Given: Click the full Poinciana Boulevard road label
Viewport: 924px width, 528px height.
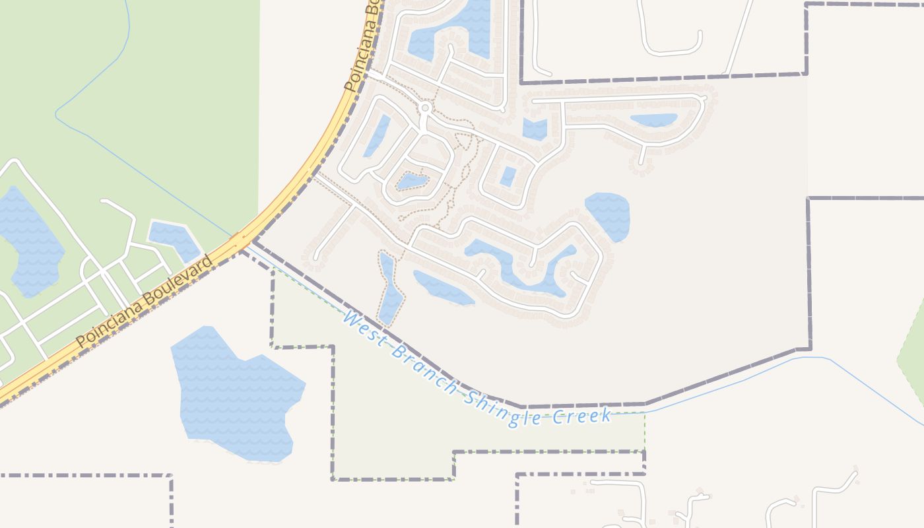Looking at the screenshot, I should tap(145, 302).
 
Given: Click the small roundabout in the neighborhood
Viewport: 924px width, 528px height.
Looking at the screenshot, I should tap(426, 107).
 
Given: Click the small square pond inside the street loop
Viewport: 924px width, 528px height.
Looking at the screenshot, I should tap(508, 176).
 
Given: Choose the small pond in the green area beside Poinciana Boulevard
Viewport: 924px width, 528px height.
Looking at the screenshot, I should tap(173, 239).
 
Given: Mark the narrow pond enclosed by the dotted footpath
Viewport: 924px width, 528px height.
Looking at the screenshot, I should tap(389, 290).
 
